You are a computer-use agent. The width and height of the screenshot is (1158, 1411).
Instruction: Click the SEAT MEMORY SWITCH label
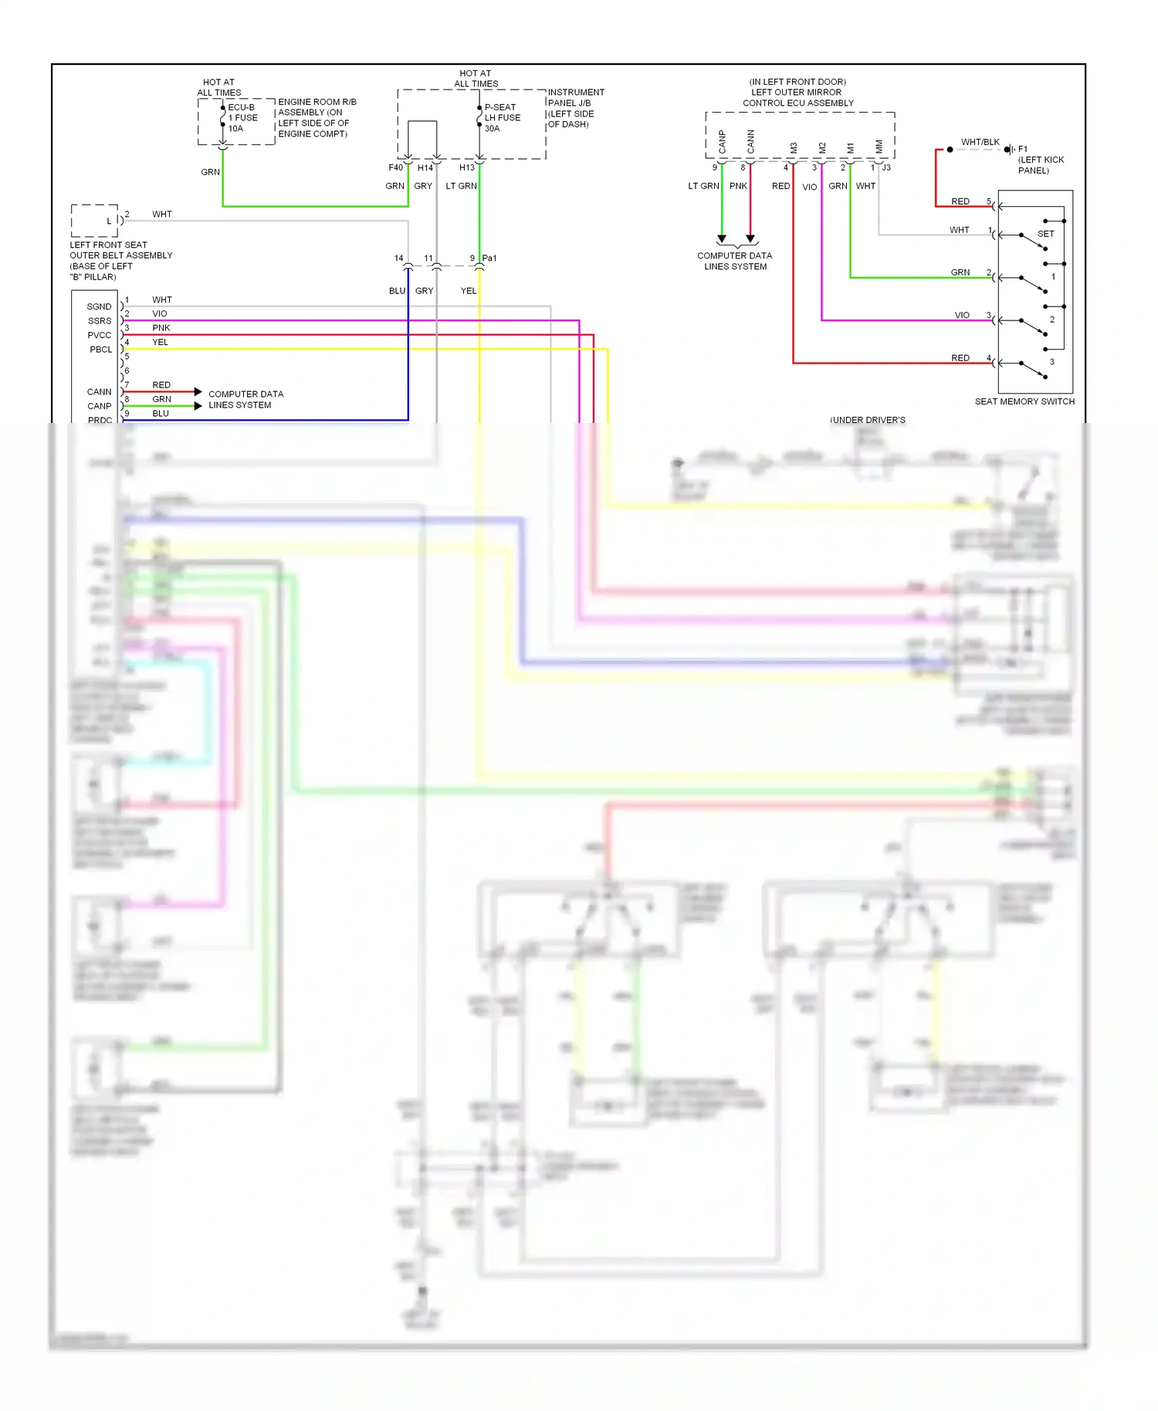1024,401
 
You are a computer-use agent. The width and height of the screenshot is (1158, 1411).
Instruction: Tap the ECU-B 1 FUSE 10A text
242,118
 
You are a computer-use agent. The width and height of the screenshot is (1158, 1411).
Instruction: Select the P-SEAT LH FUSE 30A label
502,118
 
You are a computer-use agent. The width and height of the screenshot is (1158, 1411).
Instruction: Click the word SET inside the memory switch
1045,234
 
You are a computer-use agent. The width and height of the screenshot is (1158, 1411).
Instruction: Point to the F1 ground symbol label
1022,149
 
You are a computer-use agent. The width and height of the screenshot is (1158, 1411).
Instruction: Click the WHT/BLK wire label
980,142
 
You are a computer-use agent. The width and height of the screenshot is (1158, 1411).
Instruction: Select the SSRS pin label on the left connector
100,321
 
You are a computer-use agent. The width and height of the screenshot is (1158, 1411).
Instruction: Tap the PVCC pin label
100,335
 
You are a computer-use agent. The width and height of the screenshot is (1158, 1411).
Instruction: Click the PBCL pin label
100,350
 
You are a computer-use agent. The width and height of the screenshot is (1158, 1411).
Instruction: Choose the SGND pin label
99,306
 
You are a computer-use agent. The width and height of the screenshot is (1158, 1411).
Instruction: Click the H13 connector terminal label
467,167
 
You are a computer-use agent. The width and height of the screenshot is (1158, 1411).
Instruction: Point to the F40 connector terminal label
395,167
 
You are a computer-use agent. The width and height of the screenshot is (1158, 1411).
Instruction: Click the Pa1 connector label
489,258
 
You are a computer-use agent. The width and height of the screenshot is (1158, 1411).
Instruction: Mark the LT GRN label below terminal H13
461,186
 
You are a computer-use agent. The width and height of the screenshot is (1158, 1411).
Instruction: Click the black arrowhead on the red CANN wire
198,392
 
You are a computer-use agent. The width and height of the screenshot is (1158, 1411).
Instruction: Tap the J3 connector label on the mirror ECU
886,167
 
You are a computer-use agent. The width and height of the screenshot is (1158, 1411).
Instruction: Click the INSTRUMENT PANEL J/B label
575,97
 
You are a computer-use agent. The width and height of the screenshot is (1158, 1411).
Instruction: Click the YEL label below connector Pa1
469,291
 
